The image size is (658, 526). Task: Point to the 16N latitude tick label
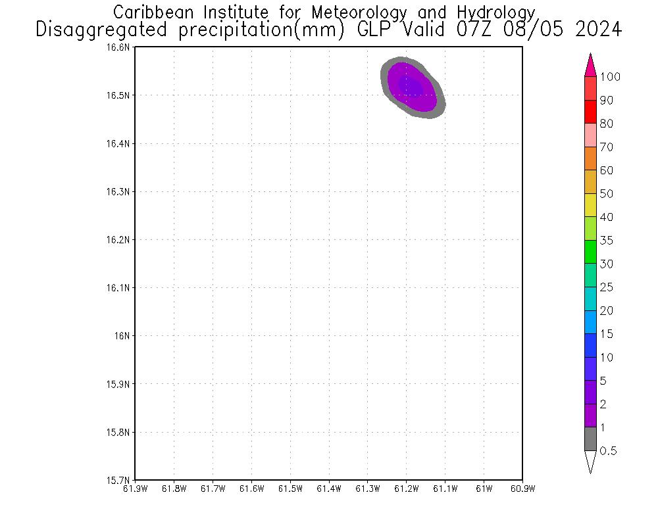click(122, 335)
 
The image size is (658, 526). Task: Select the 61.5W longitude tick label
click(290, 489)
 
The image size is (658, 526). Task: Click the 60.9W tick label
click(522, 489)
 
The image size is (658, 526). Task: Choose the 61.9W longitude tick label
click(135, 489)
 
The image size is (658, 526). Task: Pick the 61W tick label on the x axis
click(484, 489)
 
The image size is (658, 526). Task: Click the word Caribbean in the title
click(153, 12)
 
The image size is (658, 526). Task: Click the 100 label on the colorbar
click(610, 77)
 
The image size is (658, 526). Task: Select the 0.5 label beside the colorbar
click(610, 451)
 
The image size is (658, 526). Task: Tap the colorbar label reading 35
click(607, 241)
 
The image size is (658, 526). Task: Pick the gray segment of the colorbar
click(590, 439)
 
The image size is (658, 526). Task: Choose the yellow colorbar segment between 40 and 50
click(590, 205)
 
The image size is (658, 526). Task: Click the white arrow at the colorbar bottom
click(590, 460)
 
